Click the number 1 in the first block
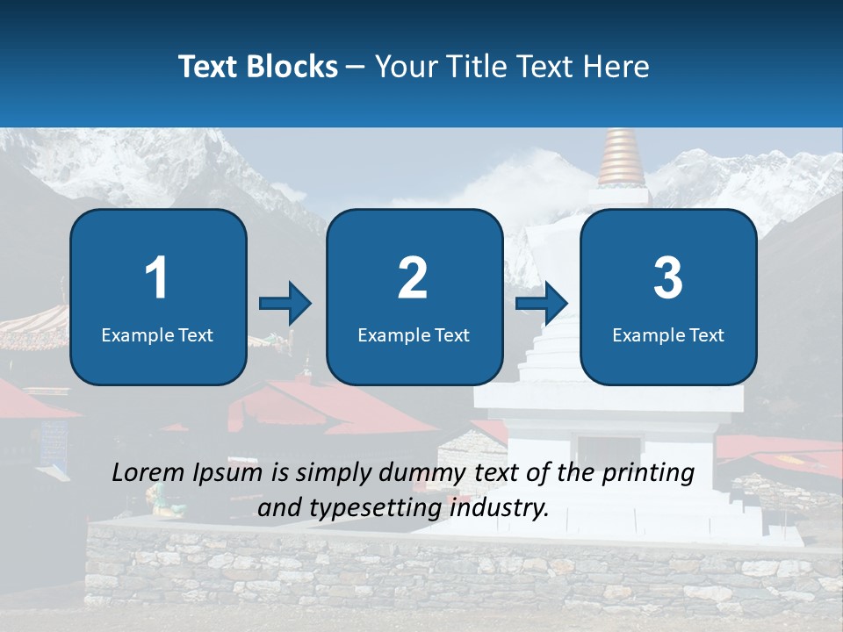pyautogui.click(x=157, y=278)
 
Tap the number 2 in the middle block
pyautogui.click(x=413, y=278)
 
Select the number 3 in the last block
pyautogui.click(x=668, y=278)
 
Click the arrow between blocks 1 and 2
pyautogui.click(x=285, y=304)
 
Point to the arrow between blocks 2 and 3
pyautogui.click(x=542, y=304)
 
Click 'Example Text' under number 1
pyautogui.click(x=157, y=335)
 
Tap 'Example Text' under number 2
pyautogui.click(x=414, y=335)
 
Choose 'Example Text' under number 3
pyautogui.click(x=668, y=335)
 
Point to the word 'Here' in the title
pyautogui.click(x=614, y=67)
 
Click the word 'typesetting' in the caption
pyautogui.click(x=384, y=508)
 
